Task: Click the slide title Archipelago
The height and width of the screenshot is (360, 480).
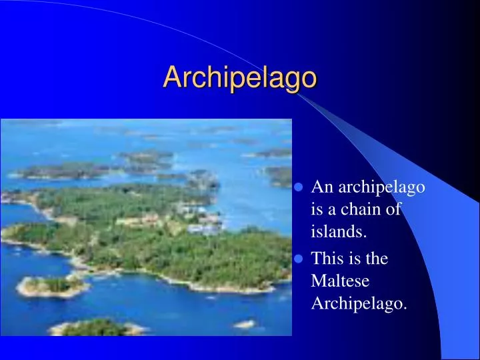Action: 240,77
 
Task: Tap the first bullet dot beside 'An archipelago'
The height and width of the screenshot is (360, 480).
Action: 301,188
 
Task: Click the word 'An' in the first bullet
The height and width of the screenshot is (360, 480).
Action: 321,187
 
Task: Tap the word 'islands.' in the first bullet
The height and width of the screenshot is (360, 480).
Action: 339,232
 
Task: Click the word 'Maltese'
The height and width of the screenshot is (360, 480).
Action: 340,281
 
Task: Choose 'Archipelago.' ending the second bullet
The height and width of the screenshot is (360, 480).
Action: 359,304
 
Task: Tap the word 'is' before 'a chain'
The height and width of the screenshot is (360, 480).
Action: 317,210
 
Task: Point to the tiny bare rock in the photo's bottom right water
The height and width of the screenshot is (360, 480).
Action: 244,325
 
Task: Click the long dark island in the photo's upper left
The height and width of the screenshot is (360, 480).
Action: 63,171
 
